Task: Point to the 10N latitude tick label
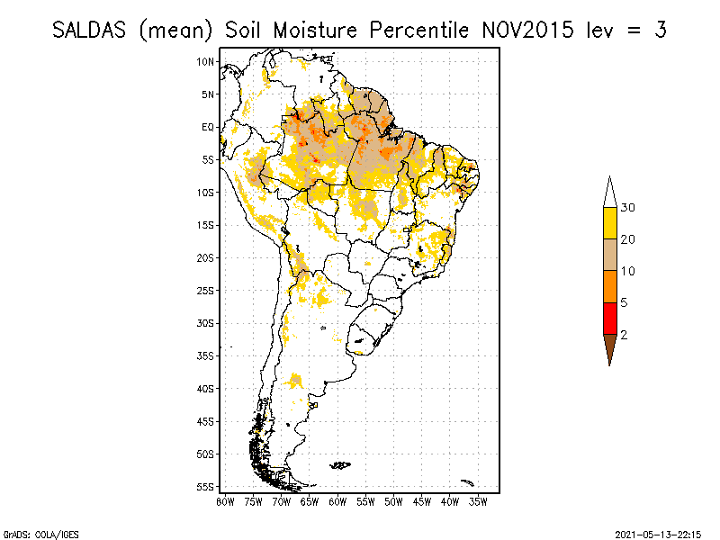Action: point(206,61)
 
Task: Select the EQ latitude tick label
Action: point(208,127)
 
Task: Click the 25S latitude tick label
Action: point(206,290)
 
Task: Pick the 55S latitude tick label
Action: point(206,486)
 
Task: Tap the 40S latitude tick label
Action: point(206,388)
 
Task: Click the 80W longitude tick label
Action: point(225,502)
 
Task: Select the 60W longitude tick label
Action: point(337,502)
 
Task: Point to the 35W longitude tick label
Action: point(478,502)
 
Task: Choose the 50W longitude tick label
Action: point(393,502)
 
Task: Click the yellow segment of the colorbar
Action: point(609,223)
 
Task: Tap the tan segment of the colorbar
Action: point(609,255)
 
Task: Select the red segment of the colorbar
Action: point(609,318)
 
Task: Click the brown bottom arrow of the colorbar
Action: point(609,346)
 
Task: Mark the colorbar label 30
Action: point(628,208)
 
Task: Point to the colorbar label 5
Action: point(625,302)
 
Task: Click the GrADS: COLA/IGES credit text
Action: point(33,533)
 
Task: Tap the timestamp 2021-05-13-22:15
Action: point(657,533)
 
